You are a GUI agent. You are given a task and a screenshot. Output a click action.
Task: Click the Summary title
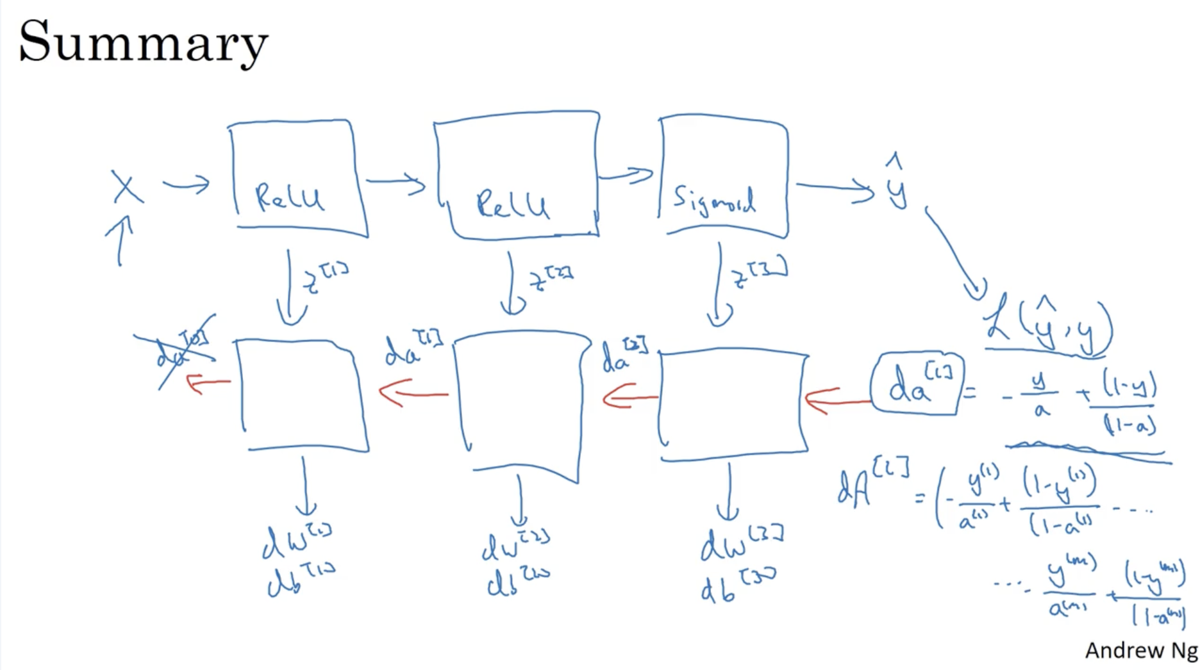[143, 42]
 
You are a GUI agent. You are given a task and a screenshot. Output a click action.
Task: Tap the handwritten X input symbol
[126, 187]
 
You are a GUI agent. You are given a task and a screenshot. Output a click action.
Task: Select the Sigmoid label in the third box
[713, 200]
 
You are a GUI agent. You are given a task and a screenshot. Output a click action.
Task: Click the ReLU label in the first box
[289, 197]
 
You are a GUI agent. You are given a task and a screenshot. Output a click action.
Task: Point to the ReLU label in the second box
[512, 205]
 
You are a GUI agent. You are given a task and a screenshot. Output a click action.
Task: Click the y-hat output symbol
[896, 182]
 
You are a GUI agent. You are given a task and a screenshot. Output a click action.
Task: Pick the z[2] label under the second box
[550, 279]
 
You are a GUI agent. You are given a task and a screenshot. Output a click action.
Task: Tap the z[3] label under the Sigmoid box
[760, 274]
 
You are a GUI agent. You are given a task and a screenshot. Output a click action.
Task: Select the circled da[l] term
[917, 384]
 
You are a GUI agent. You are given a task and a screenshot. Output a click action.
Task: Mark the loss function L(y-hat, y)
[1049, 327]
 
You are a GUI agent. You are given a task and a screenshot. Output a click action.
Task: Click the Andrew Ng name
[1140, 650]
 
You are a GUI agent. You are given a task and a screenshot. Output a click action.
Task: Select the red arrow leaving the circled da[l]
[837, 401]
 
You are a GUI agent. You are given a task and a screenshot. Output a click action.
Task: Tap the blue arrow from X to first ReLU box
[187, 185]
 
